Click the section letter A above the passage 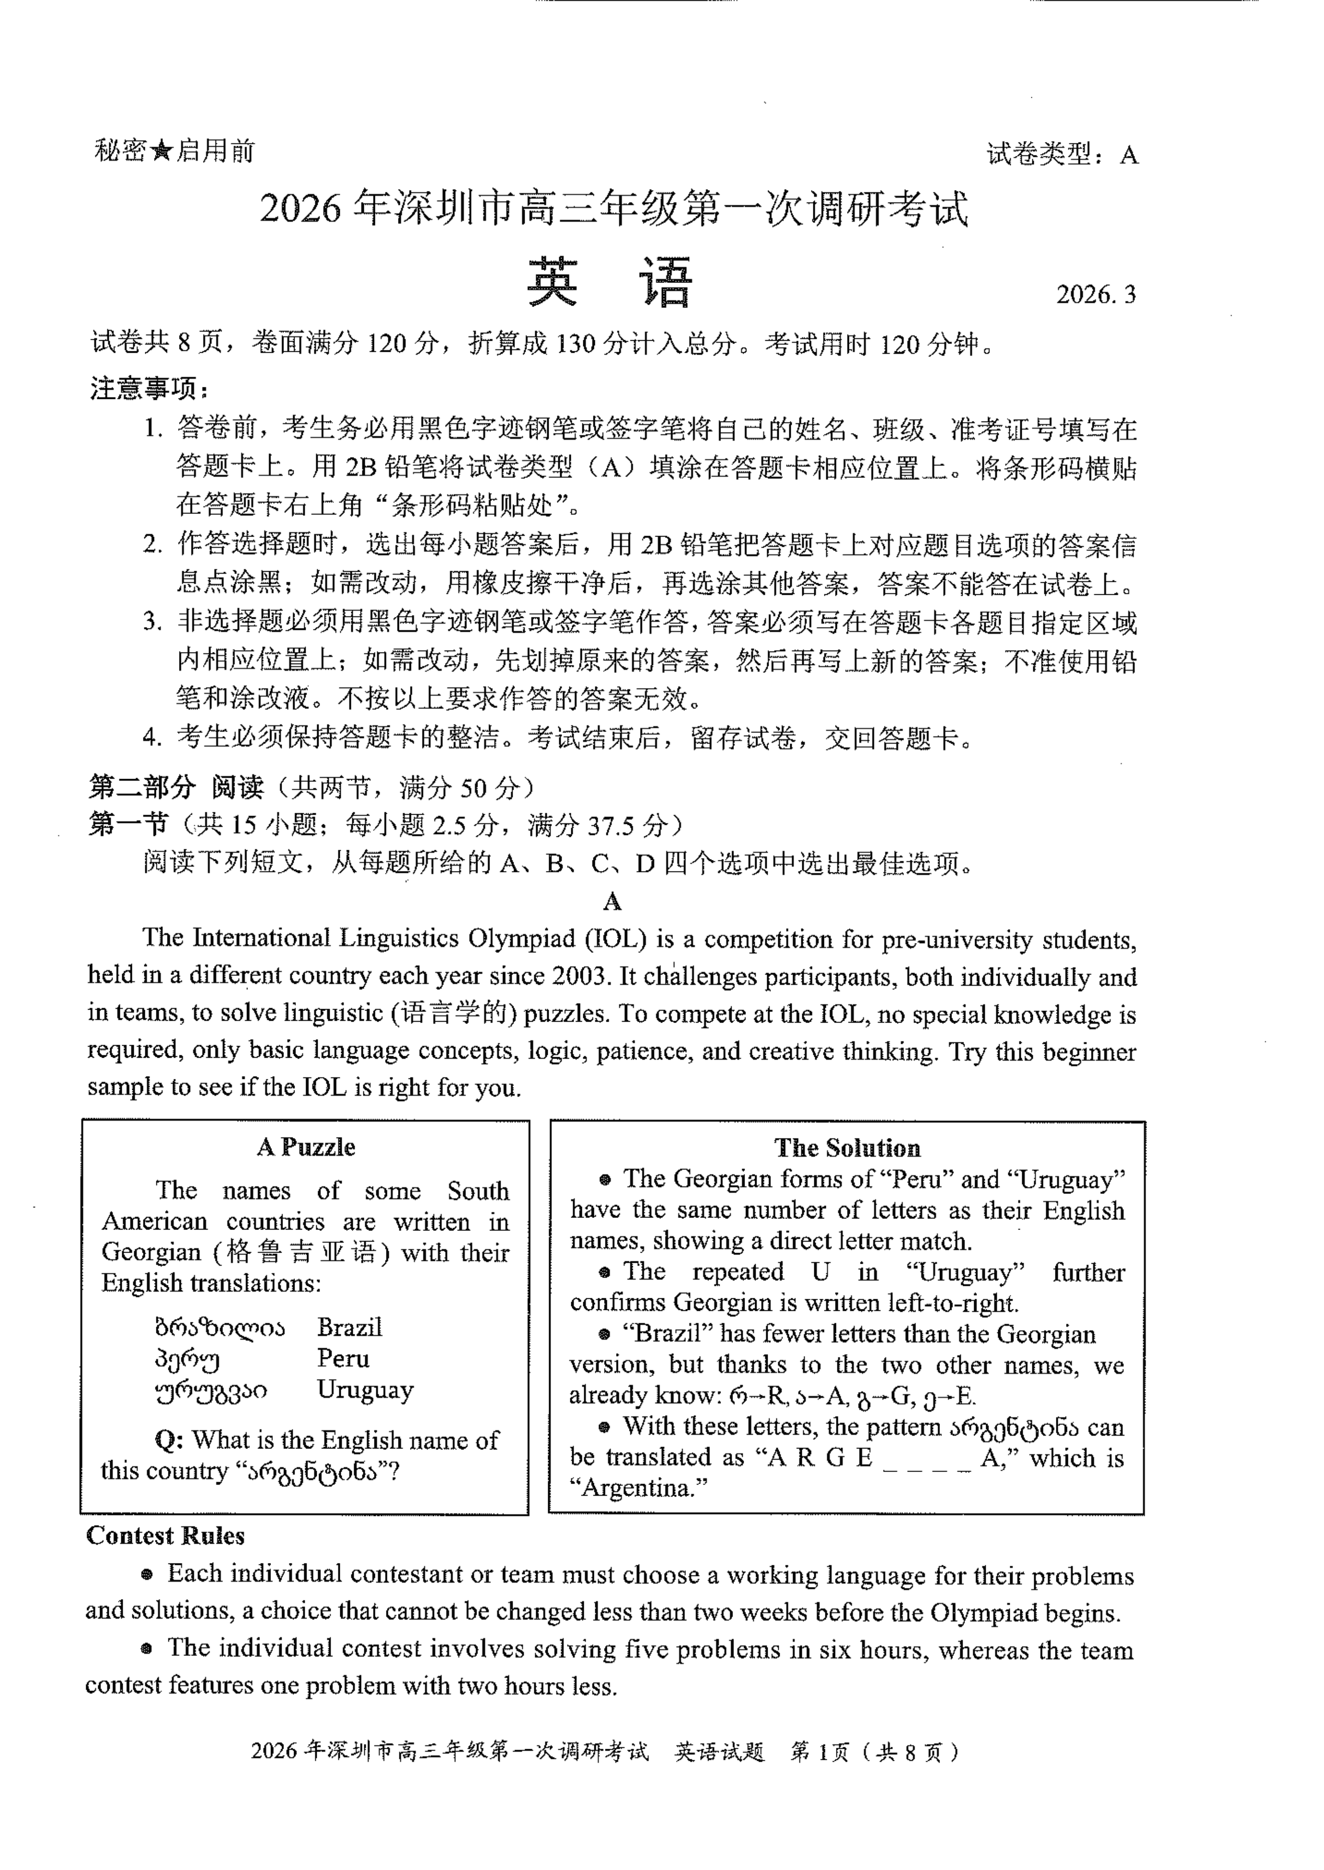point(612,902)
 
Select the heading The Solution point(847,1148)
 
